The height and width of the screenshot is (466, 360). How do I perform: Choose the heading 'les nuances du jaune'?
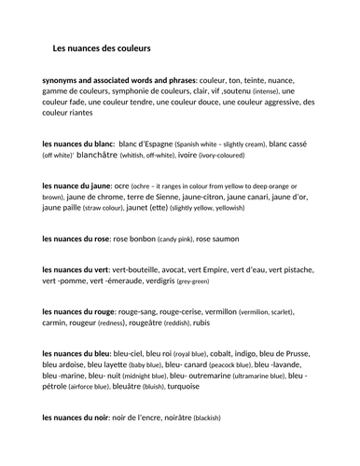77,187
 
